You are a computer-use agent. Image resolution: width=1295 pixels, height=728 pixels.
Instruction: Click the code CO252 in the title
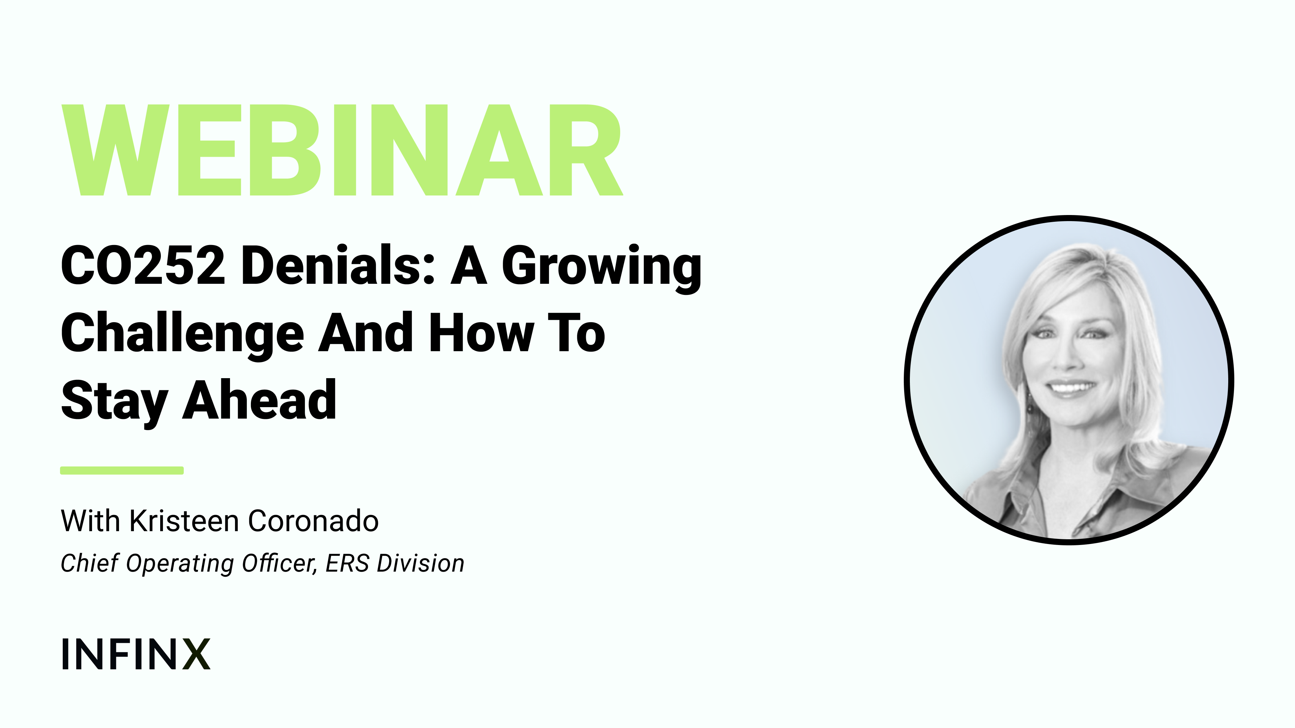[x=143, y=265]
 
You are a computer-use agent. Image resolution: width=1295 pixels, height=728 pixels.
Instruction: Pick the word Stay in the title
[x=114, y=402]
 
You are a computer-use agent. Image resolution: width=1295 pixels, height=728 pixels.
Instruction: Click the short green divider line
[x=122, y=470]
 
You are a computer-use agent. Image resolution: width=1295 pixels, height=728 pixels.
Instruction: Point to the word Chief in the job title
[x=89, y=563]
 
